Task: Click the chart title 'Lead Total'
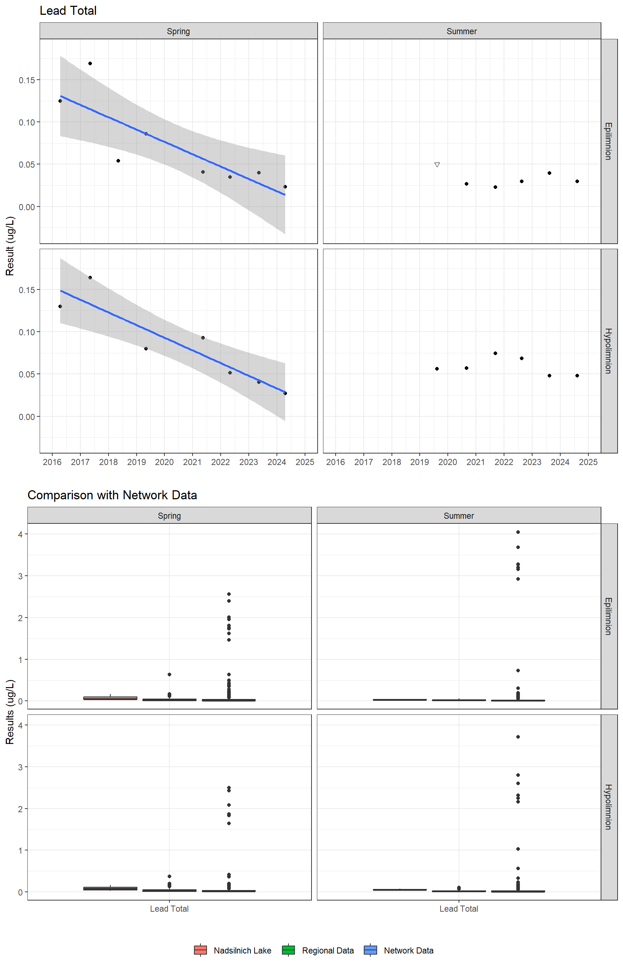coord(68,10)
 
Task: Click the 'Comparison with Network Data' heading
coord(112,495)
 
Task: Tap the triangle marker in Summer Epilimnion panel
coord(437,165)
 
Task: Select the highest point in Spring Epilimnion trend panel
coord(90,63)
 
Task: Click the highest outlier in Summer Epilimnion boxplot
coord(518,532)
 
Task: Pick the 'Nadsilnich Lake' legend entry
coord(242,950)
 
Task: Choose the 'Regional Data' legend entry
coord(328,950)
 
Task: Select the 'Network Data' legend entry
coord(408,950)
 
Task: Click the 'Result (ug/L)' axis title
coord(10,246)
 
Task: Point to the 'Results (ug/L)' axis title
coord(10,712)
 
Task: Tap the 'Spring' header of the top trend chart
coord(178,31)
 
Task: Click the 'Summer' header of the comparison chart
coord(459,516)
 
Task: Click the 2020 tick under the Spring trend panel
coord(164,462)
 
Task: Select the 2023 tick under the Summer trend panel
coord(532,462)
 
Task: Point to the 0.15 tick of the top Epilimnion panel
coord(27,80)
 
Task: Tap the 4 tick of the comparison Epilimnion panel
coord(20,534)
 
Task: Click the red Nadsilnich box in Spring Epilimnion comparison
coord(110,698)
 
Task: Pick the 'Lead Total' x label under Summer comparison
coord(459,909)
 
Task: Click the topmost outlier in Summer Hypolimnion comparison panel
coord(518,737)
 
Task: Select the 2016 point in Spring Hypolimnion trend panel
coord(60,306)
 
